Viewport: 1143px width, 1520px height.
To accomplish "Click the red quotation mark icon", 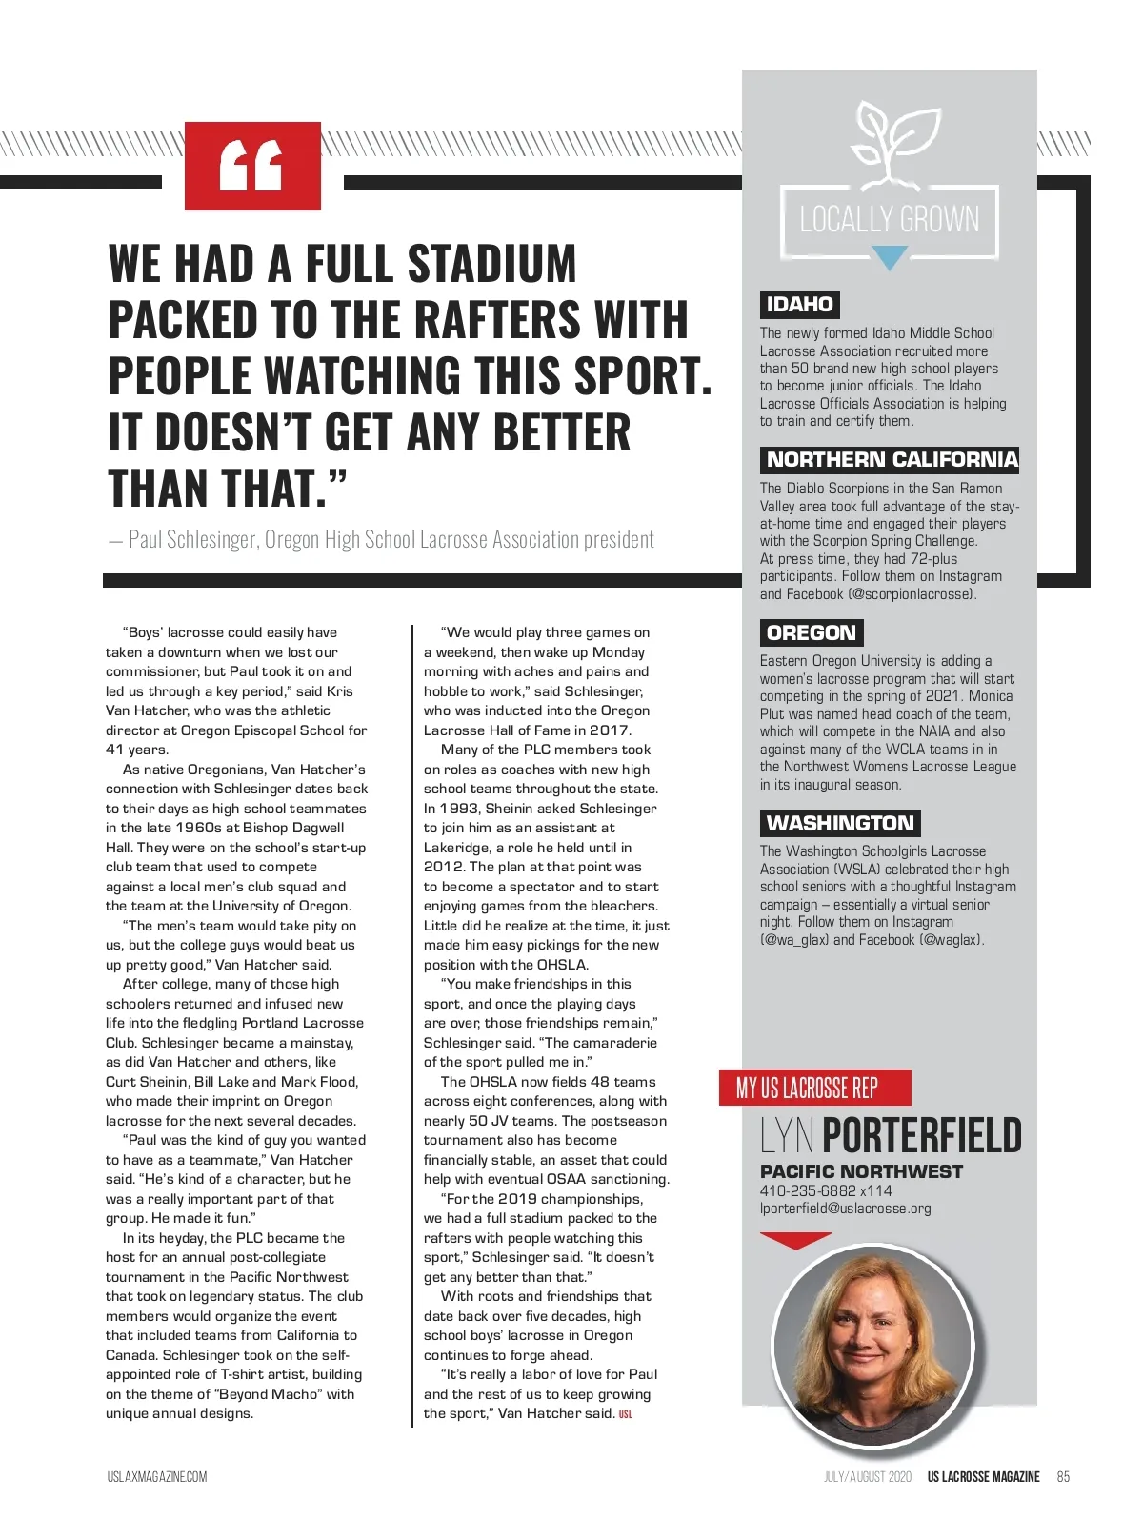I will click(x=251, y=166).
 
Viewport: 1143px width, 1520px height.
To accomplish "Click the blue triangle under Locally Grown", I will click(x=890, y=257).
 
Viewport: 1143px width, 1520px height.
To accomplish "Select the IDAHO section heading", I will click(x=800, y=305).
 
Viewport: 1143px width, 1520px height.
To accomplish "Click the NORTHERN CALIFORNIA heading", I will click(x=892, y=459).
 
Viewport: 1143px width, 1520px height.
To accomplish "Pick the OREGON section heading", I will click(x=812, y=632).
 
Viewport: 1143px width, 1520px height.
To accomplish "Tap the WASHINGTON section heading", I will click(x=840, y=823).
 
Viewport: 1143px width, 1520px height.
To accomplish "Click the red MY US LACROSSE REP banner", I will click(x=814, y=1088).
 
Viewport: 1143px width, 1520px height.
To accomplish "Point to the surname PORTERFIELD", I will click(x=921, y=1136).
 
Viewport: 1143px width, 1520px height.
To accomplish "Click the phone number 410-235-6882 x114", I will click(x=826, y=1190).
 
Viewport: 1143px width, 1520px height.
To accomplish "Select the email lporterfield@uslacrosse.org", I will click(x=846, y=1209).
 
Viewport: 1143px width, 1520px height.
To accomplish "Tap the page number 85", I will click(x=1063, y=1477).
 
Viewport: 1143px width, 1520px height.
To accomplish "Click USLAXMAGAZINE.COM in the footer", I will click(x=157, y=1477).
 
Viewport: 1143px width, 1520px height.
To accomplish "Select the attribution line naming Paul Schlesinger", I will click(x=382, y=540).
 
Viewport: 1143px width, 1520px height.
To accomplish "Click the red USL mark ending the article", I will click(x=626, y=1414).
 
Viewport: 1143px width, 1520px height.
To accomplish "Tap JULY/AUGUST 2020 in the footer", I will click(x=868, y=1477).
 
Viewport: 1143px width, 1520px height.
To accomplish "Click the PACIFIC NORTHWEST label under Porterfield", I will click(x=861, y=1171).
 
